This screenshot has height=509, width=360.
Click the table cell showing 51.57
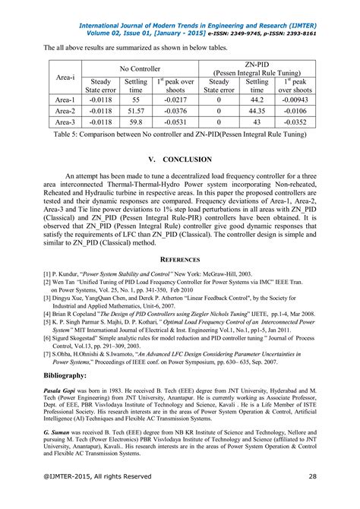click(136, 110)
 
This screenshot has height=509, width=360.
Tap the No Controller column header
click(136, 68)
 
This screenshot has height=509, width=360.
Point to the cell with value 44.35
click(257, 110)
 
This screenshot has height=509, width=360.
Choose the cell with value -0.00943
click(297, 99)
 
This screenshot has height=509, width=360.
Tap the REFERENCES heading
click(180, 259)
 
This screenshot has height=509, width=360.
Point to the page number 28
click(312, 498)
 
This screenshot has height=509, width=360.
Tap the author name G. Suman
click(59, 431)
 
